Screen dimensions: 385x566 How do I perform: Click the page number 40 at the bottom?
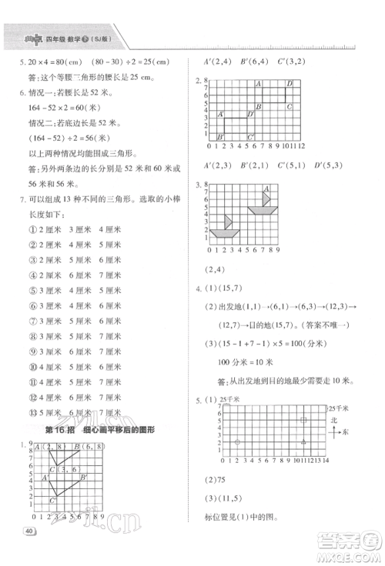click(30, 531)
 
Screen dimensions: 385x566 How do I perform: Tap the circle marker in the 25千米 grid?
click(237, 441)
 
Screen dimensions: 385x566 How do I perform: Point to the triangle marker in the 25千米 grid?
click(304, 441)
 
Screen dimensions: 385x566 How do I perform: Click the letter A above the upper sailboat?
click(267, 188)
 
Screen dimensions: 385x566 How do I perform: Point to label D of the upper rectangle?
click(289, 83)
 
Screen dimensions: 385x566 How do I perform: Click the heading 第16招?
click(62, 429)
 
